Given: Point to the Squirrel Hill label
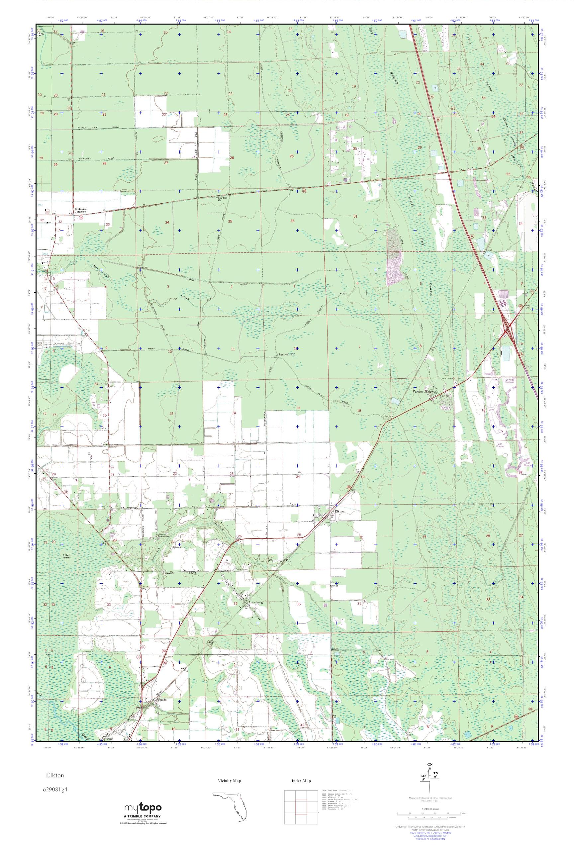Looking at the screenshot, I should tap(286, 355).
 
